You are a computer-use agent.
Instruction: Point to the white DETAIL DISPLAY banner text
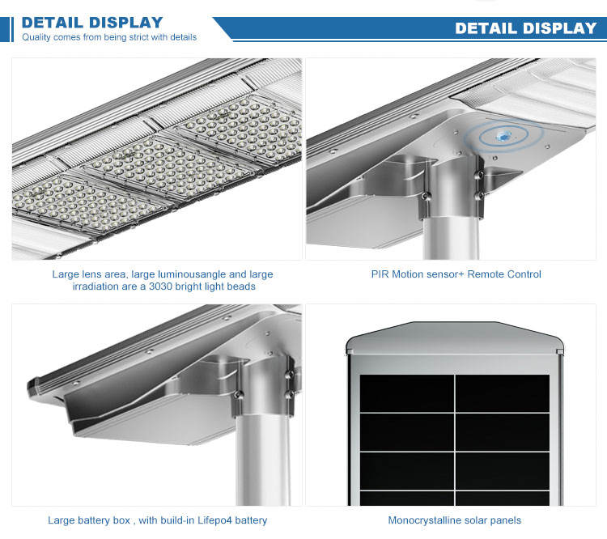(525, 28)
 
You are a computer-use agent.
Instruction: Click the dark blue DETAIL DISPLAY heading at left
(91, 22)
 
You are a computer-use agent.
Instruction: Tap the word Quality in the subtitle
(38, 36)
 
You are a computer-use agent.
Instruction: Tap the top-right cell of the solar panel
(502, 393)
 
